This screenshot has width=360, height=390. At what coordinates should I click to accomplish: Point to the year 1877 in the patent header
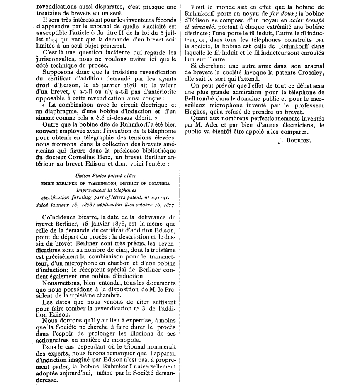coord(168,205)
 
